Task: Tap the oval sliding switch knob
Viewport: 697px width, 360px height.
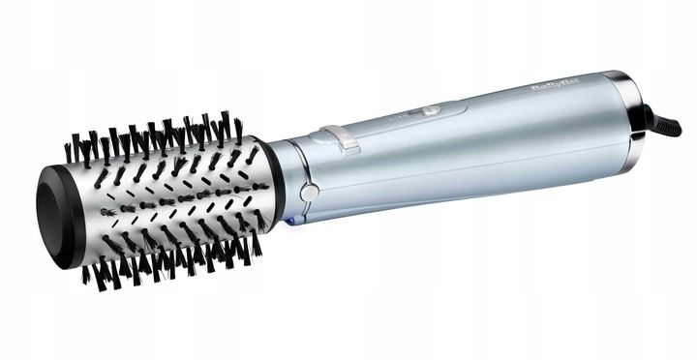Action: click(430, 111)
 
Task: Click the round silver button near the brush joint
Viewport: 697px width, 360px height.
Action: click(309, 192)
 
